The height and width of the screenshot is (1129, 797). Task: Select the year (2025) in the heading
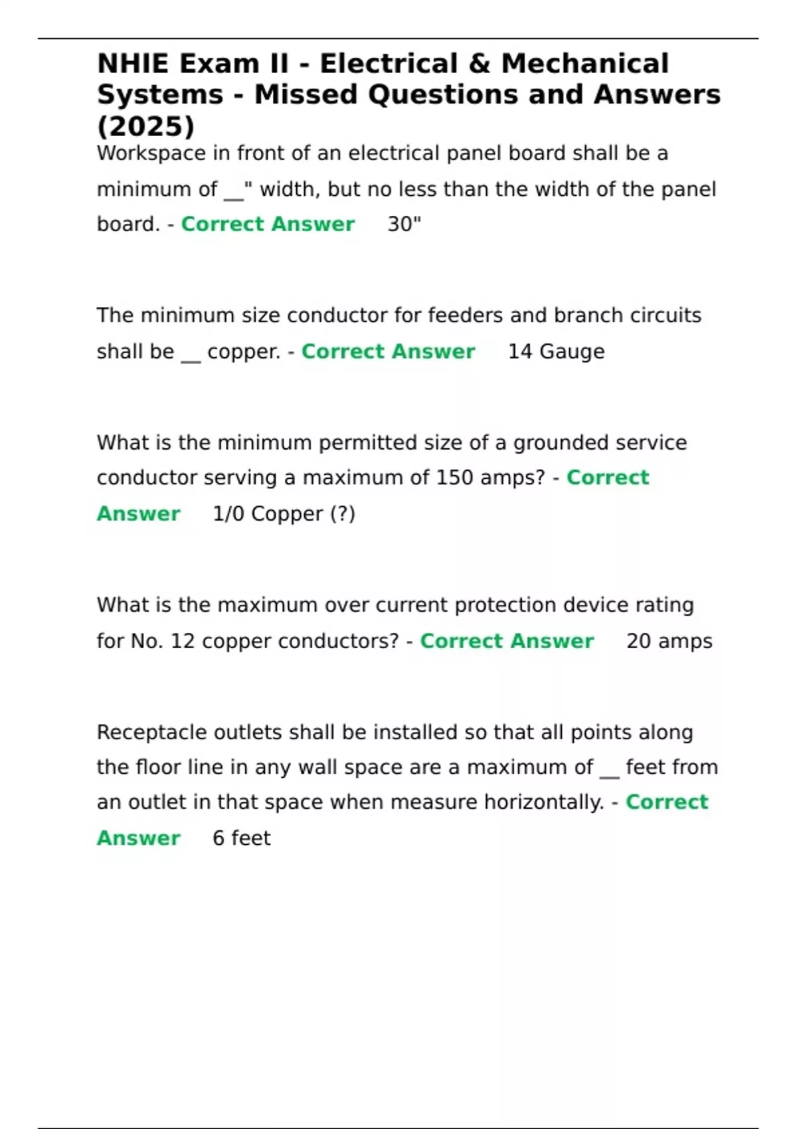coord(146,126)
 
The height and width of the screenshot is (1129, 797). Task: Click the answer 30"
coord(404,224)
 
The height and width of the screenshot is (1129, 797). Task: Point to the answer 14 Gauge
coord(556,351)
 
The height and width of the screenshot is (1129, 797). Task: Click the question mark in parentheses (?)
coord(343,513)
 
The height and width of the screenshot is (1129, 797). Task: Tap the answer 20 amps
coord(669,641)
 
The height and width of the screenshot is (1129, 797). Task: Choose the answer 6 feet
coord(241,838)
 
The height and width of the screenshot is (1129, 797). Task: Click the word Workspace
coord(151,153)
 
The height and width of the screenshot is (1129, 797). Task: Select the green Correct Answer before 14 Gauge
coord(388,351)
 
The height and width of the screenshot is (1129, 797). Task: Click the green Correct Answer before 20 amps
coord(507,641)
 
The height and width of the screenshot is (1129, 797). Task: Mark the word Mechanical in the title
coord(584,64)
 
